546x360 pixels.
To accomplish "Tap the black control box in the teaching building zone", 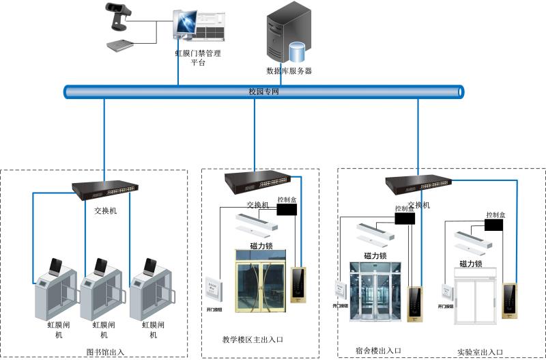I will point(287,210).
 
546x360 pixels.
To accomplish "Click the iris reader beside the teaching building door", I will point(298,285).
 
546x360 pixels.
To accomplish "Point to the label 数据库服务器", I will point(289,70).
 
